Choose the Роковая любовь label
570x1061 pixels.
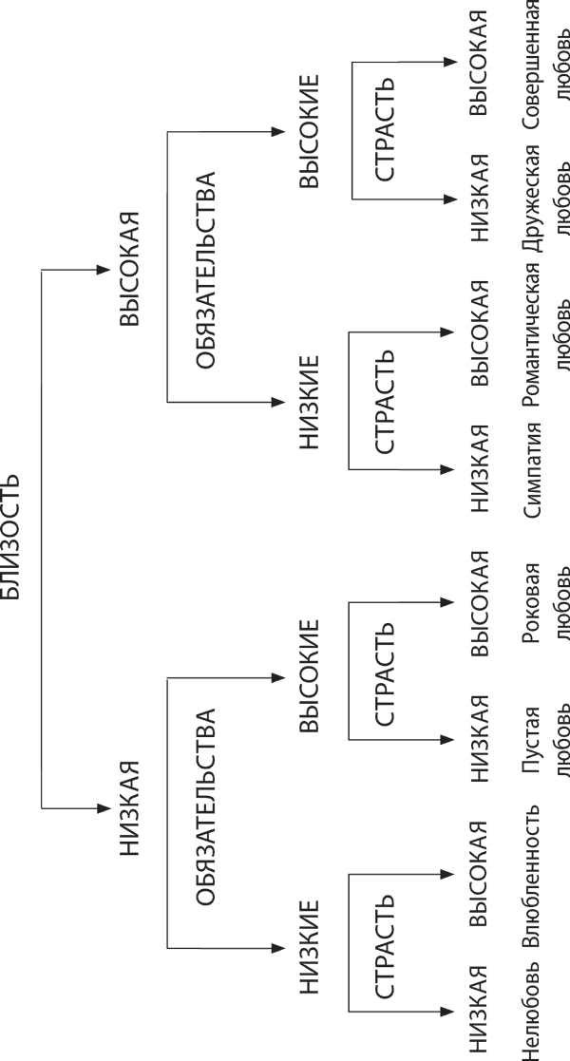click(x=545, y=597)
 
